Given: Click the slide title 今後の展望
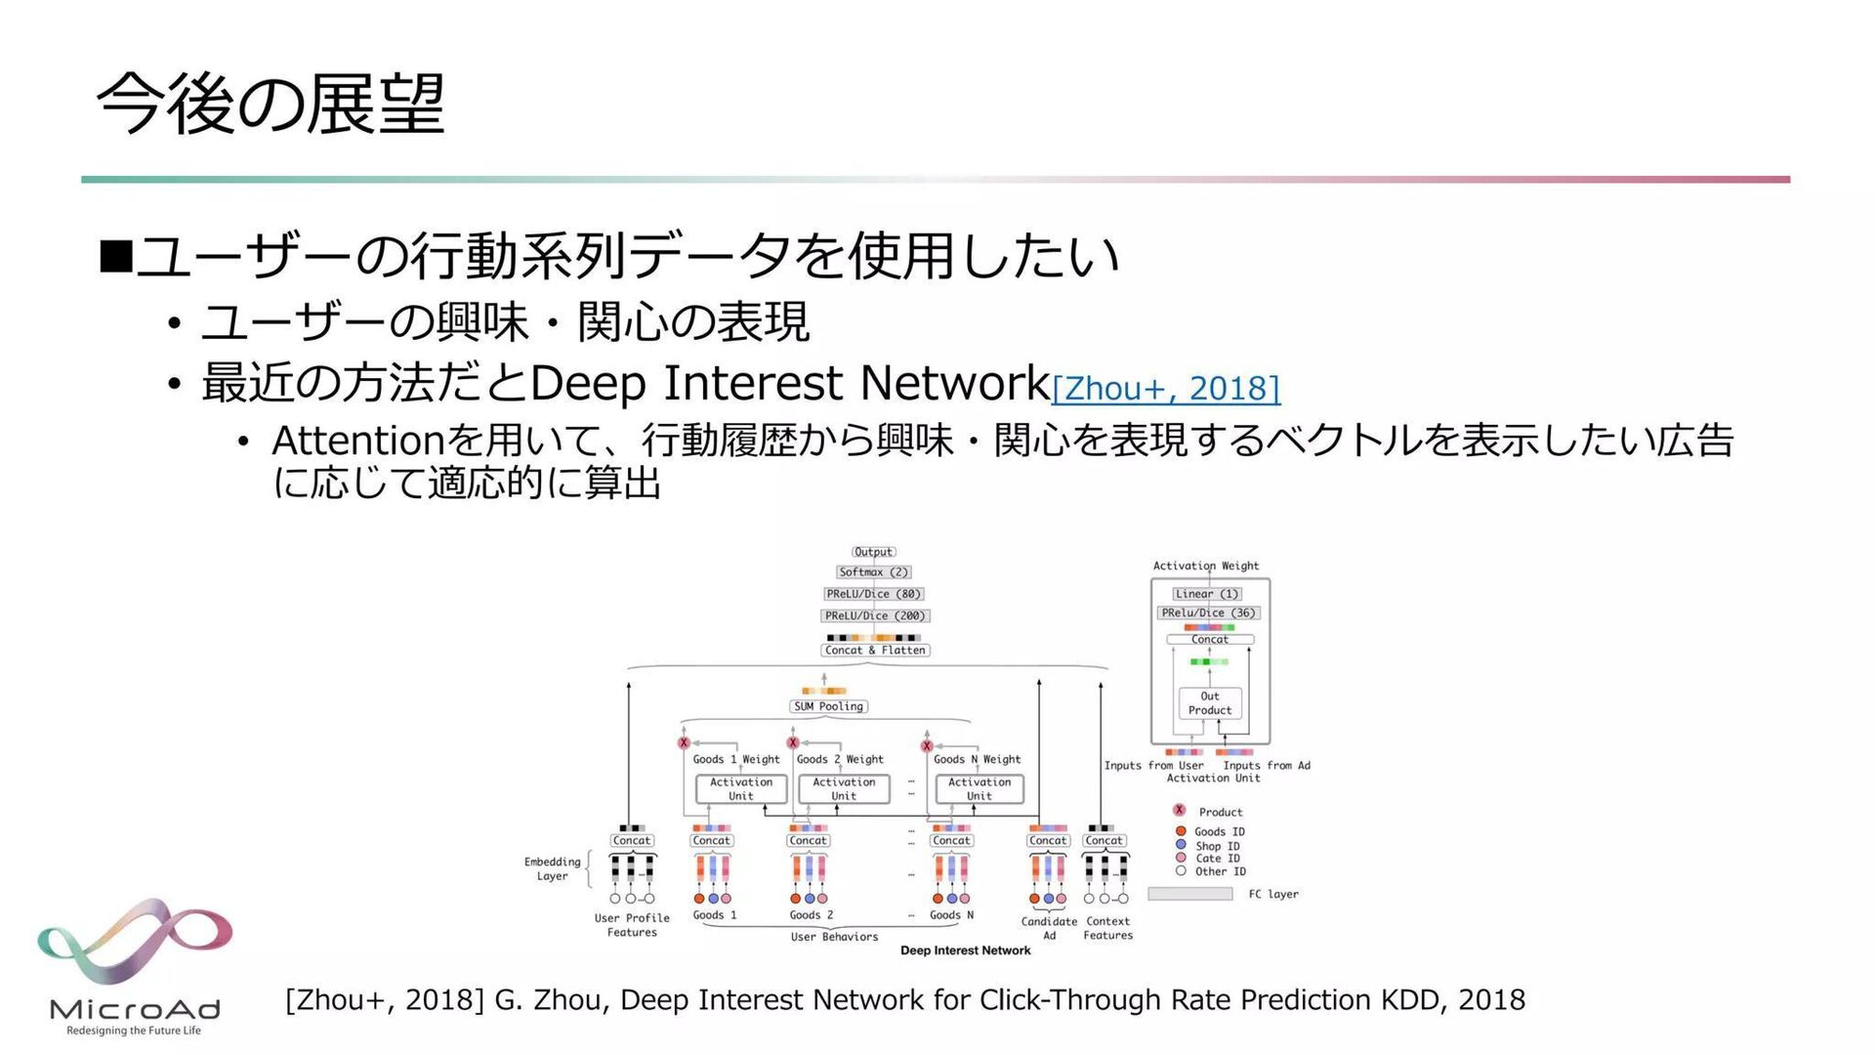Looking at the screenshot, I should pyautogui.click(x=271, y=105).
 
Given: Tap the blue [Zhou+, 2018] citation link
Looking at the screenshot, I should pyautogui.click(x=1165, y=389).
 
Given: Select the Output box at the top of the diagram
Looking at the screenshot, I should pyautogui.click(x=873, y=552).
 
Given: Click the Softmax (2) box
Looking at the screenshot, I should pyautogui.click(x=873, y=572).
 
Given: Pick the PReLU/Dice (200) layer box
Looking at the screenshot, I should pyautogui.click(x=874, y=616).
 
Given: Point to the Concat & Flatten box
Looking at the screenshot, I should pyautogui.click(x=875, y=651).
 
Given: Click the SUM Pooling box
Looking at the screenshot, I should pyautogui.click(x=828, y=706).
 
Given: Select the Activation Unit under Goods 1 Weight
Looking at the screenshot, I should pyautogui.click(x=741, y=789).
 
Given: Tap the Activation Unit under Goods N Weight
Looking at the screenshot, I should pyautogui.click(x=979, y=789).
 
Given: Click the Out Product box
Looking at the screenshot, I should pyautogui.click(x=1210, y=703).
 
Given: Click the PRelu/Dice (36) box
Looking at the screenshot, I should pyautogui.click(x=1208, y=613).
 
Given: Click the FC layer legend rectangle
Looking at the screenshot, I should pyautogui.click(x=1189, y=894).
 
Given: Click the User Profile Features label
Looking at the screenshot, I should pyautogui.click(x=632, y=925).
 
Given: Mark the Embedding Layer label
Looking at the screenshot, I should pyautogui.click(x=552, y=868).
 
